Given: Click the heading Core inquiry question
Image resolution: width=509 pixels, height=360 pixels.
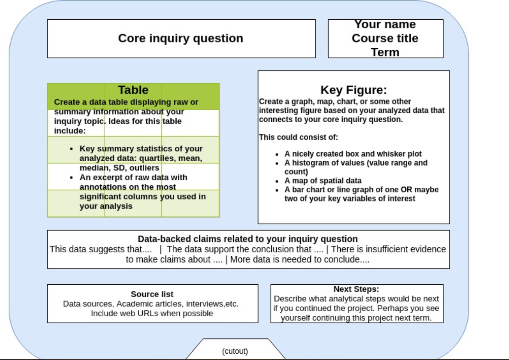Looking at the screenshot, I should tap(181, 38).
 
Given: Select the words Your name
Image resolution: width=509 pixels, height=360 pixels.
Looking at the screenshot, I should tap(385, 24).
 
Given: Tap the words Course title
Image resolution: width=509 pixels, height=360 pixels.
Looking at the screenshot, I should tap(385, 38).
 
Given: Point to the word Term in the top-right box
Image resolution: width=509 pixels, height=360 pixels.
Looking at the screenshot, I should tap(385, 52).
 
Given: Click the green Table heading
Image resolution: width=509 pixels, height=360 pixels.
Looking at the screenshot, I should tap(133, 90).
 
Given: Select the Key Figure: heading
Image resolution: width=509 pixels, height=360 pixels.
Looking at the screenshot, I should tap(353, 90).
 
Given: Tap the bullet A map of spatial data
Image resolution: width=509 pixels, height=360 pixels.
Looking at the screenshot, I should tap(323, 181).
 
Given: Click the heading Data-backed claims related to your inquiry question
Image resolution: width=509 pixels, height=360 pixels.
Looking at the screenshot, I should tap(248, 239).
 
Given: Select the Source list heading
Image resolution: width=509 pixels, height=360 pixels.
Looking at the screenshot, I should tap(152, 294).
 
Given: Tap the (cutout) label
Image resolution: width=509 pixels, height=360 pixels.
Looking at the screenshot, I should tap(235, 351).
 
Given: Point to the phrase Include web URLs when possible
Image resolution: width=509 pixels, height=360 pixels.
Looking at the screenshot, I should tap(152, 313).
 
